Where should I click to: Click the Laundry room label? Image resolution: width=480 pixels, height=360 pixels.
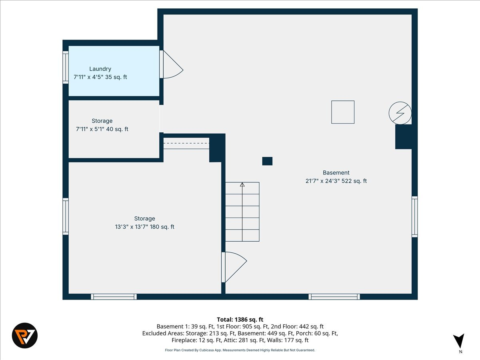coord(100,69)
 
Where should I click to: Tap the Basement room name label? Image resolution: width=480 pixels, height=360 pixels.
coord(336,173)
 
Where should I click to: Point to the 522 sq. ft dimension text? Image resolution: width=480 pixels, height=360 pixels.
coord(336,181)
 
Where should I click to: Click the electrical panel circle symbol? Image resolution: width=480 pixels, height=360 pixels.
coord(400,113)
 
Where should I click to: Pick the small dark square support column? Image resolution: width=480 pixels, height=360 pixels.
coord(267,161)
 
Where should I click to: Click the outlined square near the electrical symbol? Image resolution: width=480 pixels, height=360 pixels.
coord(343,112)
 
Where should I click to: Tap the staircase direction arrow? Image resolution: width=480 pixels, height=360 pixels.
coord(242,185)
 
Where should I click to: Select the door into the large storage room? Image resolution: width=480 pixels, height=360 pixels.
coord(233,267)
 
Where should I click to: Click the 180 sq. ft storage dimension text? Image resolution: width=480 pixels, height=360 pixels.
coord(144,227)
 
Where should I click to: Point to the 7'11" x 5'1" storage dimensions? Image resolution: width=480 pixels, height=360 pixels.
coord(102,129)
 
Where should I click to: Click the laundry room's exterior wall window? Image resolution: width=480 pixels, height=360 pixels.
coord(66,67)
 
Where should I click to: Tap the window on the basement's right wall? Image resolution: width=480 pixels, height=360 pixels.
coord(415,216)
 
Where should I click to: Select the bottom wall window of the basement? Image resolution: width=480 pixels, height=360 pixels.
coord(334,296)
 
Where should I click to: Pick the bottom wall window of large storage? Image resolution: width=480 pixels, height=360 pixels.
coord(114,296)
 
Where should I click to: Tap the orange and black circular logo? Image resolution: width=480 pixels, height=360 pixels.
coord(24,335)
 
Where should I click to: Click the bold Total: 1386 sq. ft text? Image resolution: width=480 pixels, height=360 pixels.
coord(240,319)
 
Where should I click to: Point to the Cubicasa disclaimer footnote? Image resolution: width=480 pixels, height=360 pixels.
coord(240,350)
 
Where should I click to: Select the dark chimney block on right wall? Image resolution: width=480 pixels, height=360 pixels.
coord(403,137)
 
